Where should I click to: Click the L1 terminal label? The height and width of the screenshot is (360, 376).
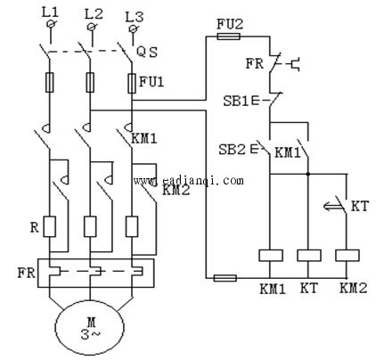(x=51, y=12)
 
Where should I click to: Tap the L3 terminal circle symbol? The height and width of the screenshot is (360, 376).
(x=133, y=29)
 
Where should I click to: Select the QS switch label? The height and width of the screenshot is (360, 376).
(x=147, y=53)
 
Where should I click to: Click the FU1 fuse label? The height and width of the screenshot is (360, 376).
(x=151, y=81)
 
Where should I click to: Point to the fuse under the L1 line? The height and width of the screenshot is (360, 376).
(x=50, y=82)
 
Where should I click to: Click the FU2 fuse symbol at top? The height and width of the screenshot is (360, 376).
(x=229, y=37)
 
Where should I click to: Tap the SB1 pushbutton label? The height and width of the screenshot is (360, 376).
(x=235, y=102)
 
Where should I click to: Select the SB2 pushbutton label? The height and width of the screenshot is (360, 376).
(x=232, y=150)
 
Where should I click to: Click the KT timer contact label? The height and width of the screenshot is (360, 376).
(x=360, y=207)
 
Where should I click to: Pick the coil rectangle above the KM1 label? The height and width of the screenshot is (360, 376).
(x=271, y=256)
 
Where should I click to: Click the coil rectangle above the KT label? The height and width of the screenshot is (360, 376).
(x=309, y=256)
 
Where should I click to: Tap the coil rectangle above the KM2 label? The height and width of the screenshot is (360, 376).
(x=347, y=256)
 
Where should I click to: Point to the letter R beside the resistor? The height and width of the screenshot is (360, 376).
(x=35, y=227)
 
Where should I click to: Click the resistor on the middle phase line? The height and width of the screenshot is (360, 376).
(x=90, y=226)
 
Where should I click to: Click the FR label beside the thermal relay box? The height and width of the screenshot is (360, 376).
(x=26, y=274)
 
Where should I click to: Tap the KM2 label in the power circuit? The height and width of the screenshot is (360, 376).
(x=176, y=190)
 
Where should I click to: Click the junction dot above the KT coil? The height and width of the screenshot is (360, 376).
(x=308, y=174)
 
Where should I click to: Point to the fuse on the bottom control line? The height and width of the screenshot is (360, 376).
(x=225, y=278)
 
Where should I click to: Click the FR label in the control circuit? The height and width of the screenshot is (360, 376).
(x=254, y=63)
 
